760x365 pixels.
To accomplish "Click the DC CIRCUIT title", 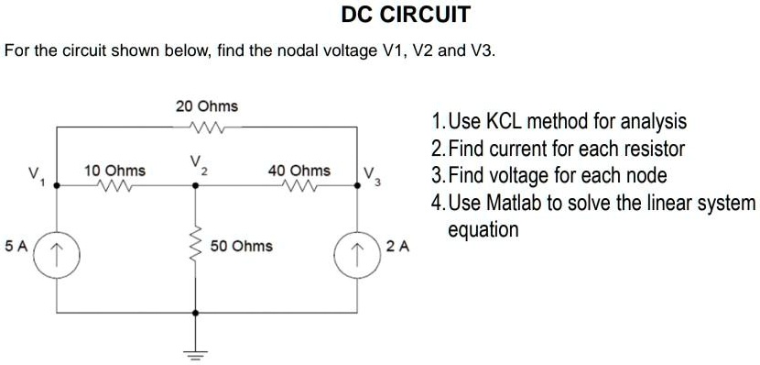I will coord(406,15).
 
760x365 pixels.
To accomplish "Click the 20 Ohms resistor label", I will coord(206,107).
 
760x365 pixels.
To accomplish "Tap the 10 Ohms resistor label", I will coord(114,171).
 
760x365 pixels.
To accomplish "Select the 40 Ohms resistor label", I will coord(299,171).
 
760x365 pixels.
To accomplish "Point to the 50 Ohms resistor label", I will coord(242,246).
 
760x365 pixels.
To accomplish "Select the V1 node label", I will coord(35,174).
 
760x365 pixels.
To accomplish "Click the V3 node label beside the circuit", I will coord(369,175).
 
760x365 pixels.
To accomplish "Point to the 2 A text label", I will coord(397,246).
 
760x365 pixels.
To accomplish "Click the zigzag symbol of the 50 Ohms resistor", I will coord(194,246).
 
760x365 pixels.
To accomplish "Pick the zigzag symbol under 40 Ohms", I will coord(299,185).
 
